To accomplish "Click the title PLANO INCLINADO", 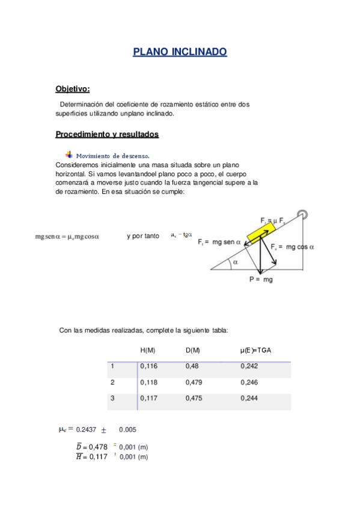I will point(180,52).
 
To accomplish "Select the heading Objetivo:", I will point(72,89).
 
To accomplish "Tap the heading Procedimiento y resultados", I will point(107,134).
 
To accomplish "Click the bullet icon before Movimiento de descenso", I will point(69,155).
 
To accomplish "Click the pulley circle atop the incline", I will point(303,214).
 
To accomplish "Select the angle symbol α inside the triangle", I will point(235,262).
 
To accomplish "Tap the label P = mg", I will point(260,280).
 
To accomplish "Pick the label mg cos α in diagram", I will point(293,247).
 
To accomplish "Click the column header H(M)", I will point(148,350).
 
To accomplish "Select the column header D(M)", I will point(193,350).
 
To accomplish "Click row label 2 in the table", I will point(112,382).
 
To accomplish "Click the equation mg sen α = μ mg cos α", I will point(67,236).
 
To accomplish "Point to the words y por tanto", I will point(142,236).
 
